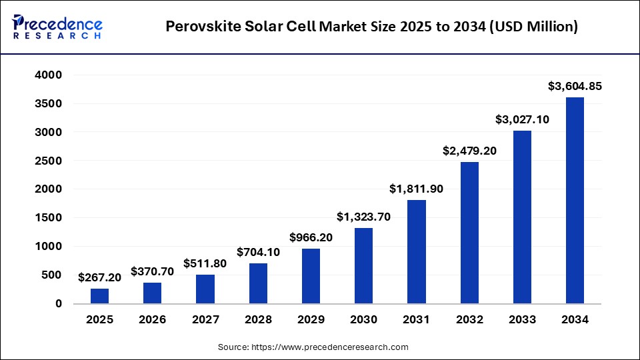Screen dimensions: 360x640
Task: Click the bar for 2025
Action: pos(99,295)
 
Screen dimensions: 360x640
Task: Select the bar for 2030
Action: pos(363,265)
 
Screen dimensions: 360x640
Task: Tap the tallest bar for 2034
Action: pos(575,200)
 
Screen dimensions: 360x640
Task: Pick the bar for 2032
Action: pos(469,233)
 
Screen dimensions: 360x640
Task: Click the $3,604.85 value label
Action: pos(575,86)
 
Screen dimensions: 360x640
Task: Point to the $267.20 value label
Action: pos(99,277)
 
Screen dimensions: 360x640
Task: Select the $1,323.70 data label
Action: pos(363,217)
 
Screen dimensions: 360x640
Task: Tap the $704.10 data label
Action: pos(258,252)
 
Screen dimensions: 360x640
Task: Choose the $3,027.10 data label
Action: pos(522,119)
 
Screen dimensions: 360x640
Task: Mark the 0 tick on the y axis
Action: pos(58,303)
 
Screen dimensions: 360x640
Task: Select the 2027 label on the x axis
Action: pos(205,320)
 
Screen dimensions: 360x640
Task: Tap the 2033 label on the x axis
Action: pos(522,320)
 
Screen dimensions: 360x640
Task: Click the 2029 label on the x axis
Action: pos(311,320)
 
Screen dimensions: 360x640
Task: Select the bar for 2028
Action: pos(258,283)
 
